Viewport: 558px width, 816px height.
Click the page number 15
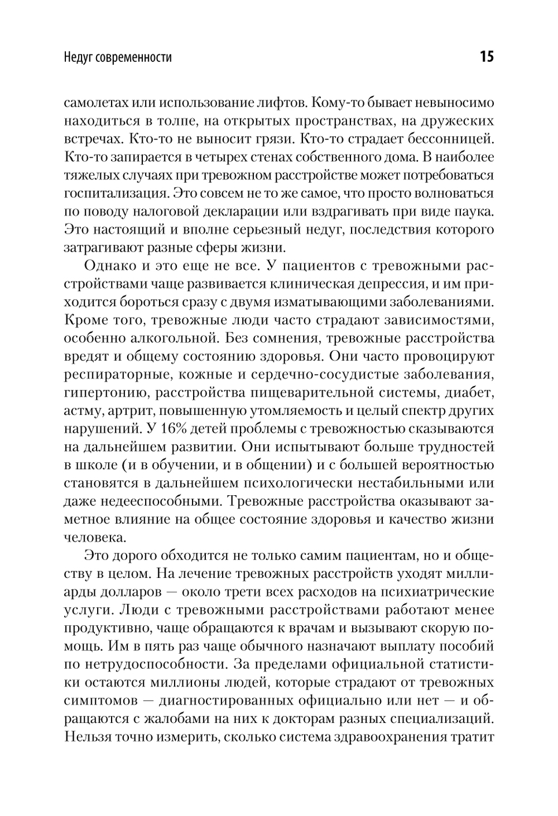click(486, 57)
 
